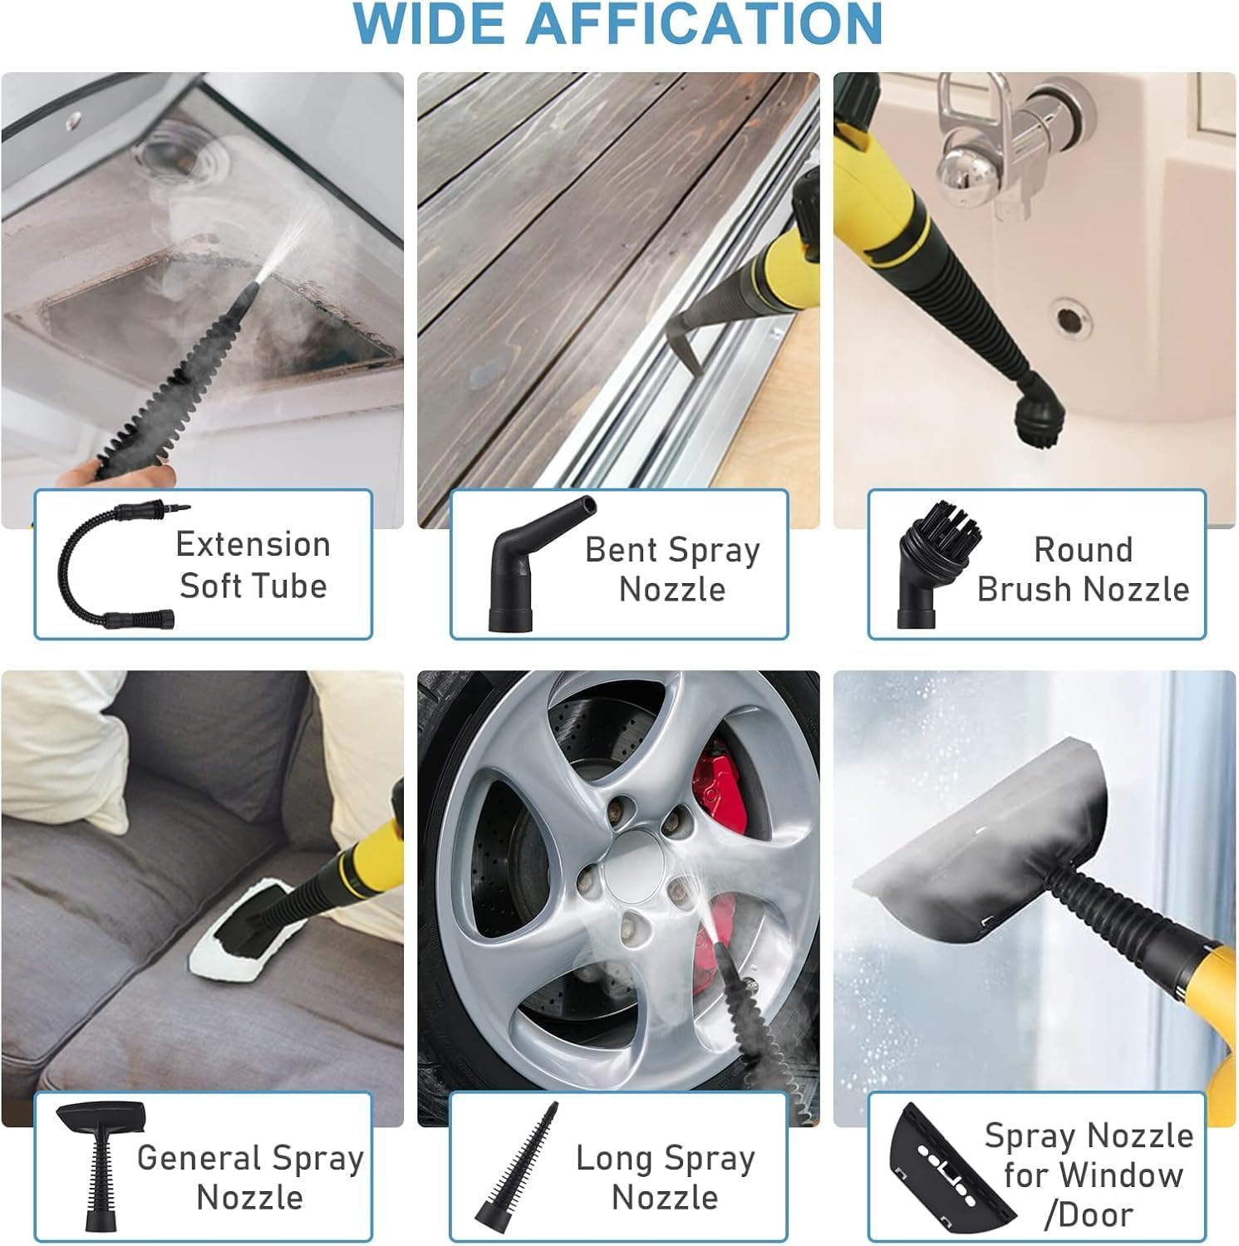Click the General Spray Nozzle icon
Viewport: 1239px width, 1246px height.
click(x=100, y=1163)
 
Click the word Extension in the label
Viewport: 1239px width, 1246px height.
click(x=253, y=545)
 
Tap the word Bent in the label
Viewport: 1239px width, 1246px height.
click(x=622, y=550)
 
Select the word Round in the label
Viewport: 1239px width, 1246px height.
click(x=1083, y=550)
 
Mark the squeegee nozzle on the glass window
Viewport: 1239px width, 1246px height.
click(x=981, y=856)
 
